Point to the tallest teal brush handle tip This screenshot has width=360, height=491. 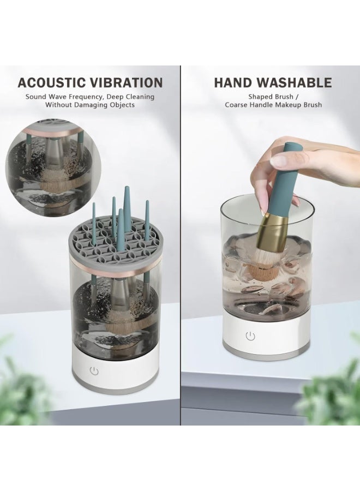coord(127,190)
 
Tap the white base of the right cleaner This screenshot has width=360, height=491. coord(267,338)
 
